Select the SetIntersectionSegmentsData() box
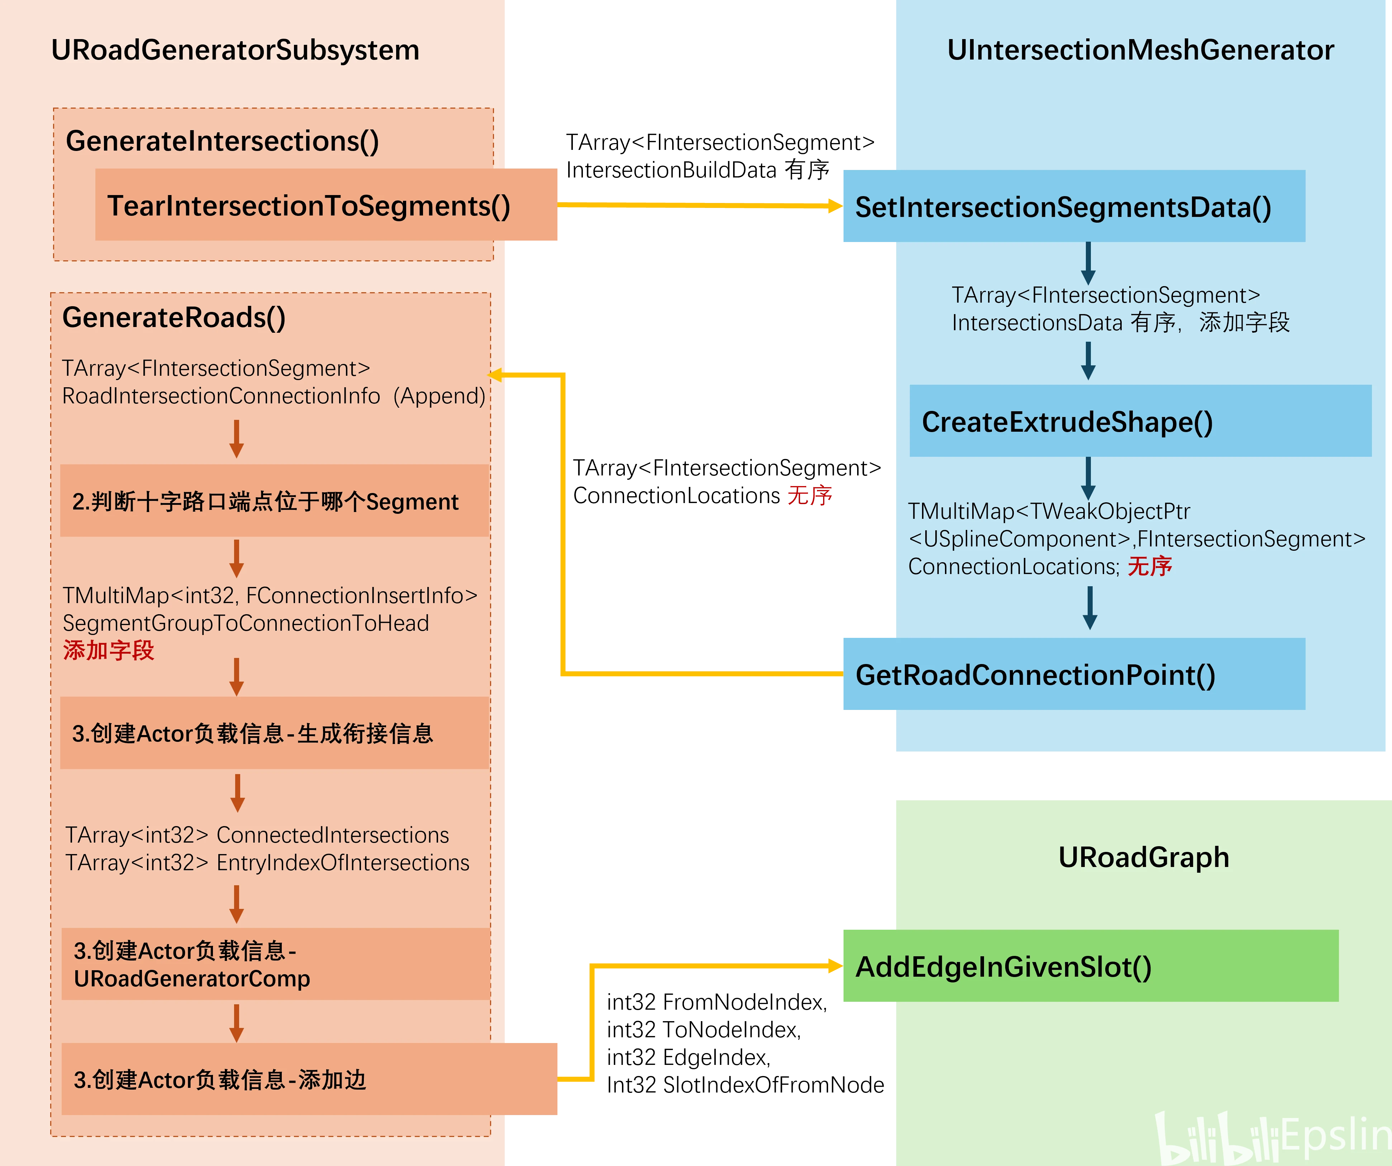(x=1074, y=206)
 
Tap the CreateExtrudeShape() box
(x=1140, y=421)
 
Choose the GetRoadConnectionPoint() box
(x=1074, y=674)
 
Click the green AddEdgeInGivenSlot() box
(x=1091, y=966)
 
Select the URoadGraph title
(x=1144, y=857)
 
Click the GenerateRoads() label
(x=174, y=318)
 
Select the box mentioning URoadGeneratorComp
(x=276, y=964)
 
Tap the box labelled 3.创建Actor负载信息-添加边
(x=309, y=1079)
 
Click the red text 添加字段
(x=109, y=650)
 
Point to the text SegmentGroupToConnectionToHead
(x=246, y=623)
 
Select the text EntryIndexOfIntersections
(x=343, y=862)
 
